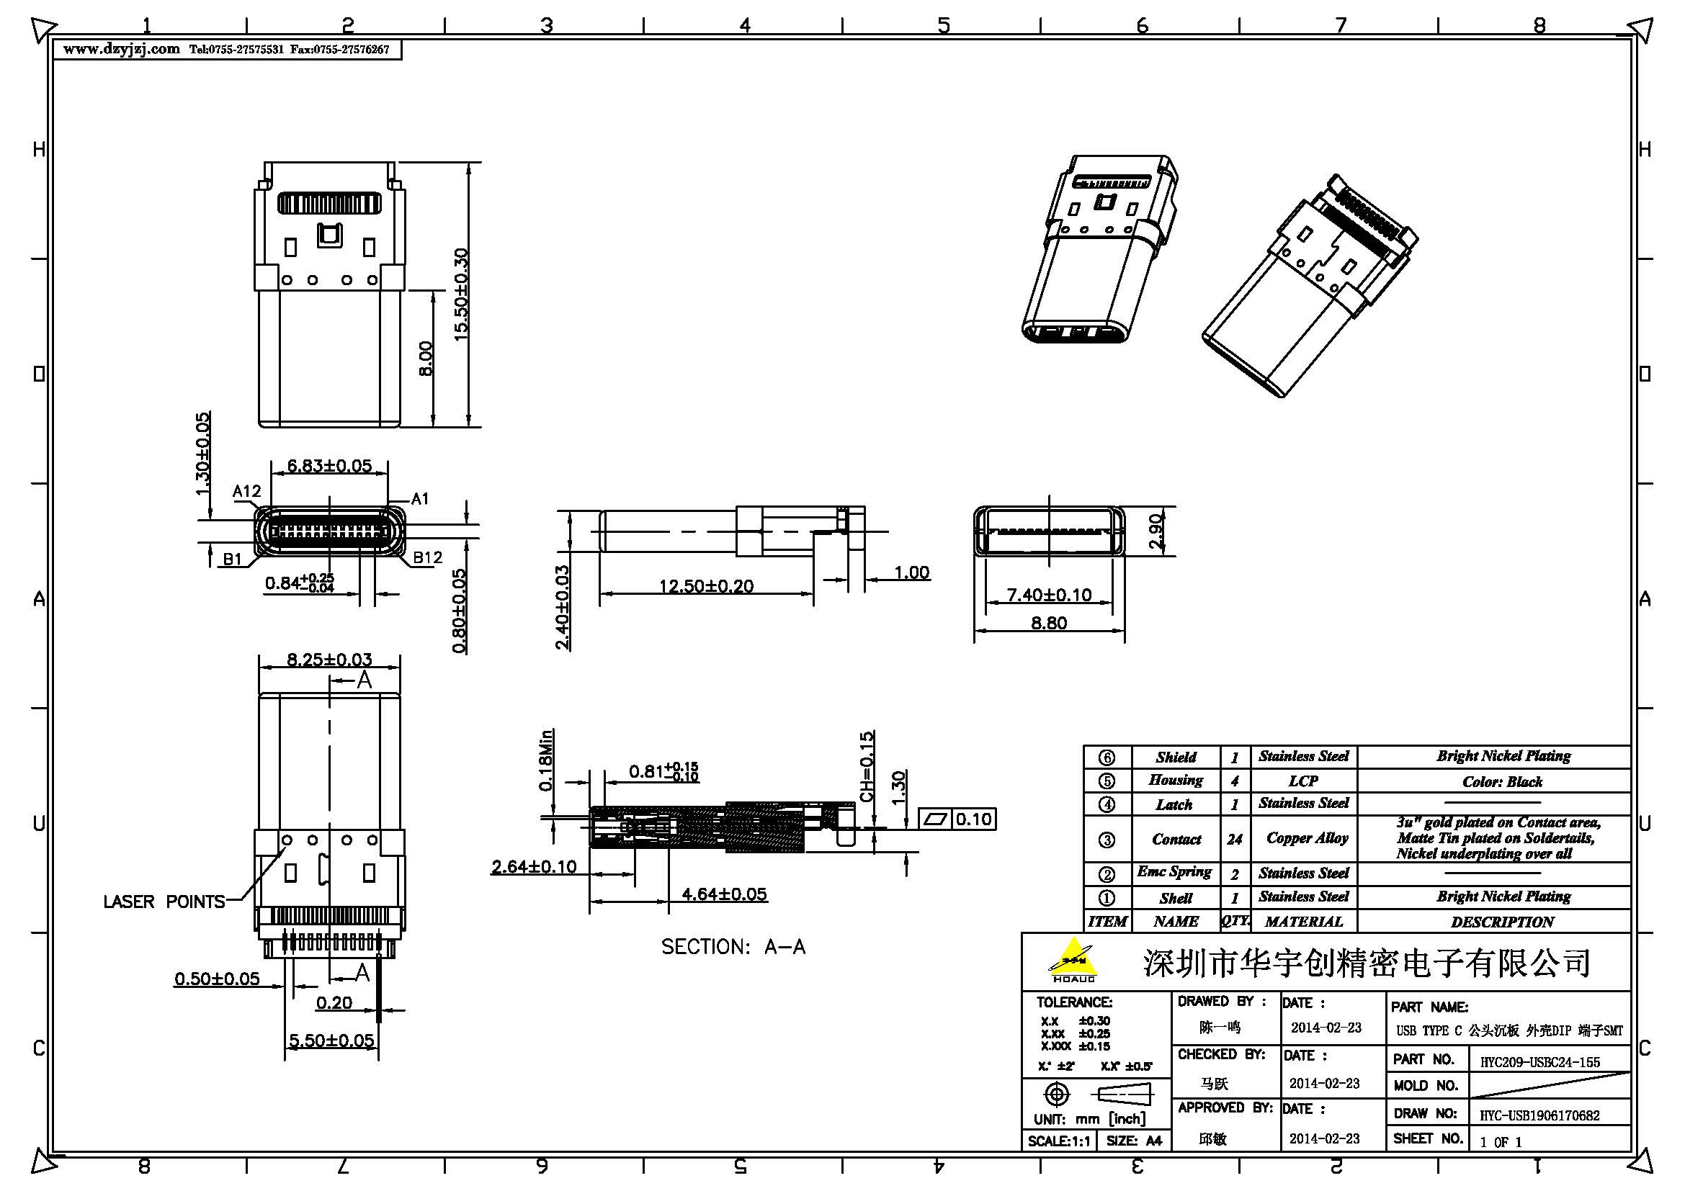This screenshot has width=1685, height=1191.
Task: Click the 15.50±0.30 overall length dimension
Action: (461, 293)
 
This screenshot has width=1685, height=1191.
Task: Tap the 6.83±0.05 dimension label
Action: (328, 466)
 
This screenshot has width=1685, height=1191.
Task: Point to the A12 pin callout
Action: (246, 491)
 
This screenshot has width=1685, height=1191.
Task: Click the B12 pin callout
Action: (427, 557)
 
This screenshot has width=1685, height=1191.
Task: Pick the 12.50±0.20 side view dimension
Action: (706, 586)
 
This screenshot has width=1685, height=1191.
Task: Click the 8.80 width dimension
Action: (1049, 623)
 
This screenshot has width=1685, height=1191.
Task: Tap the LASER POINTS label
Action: (164, 902)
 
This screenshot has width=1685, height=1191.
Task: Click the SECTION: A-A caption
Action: (733, 947)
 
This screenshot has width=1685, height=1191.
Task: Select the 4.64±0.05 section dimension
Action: (723, 894)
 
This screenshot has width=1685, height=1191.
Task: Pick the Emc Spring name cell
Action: (1174, 872)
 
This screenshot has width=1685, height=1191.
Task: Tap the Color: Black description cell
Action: (1502, 782)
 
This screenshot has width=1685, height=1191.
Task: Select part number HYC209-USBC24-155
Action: (1539, 1062)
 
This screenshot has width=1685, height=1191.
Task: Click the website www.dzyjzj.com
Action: (121, 49)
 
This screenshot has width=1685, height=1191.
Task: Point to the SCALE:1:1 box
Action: (1058, 1141)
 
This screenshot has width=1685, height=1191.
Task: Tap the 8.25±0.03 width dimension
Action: (328, 660)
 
